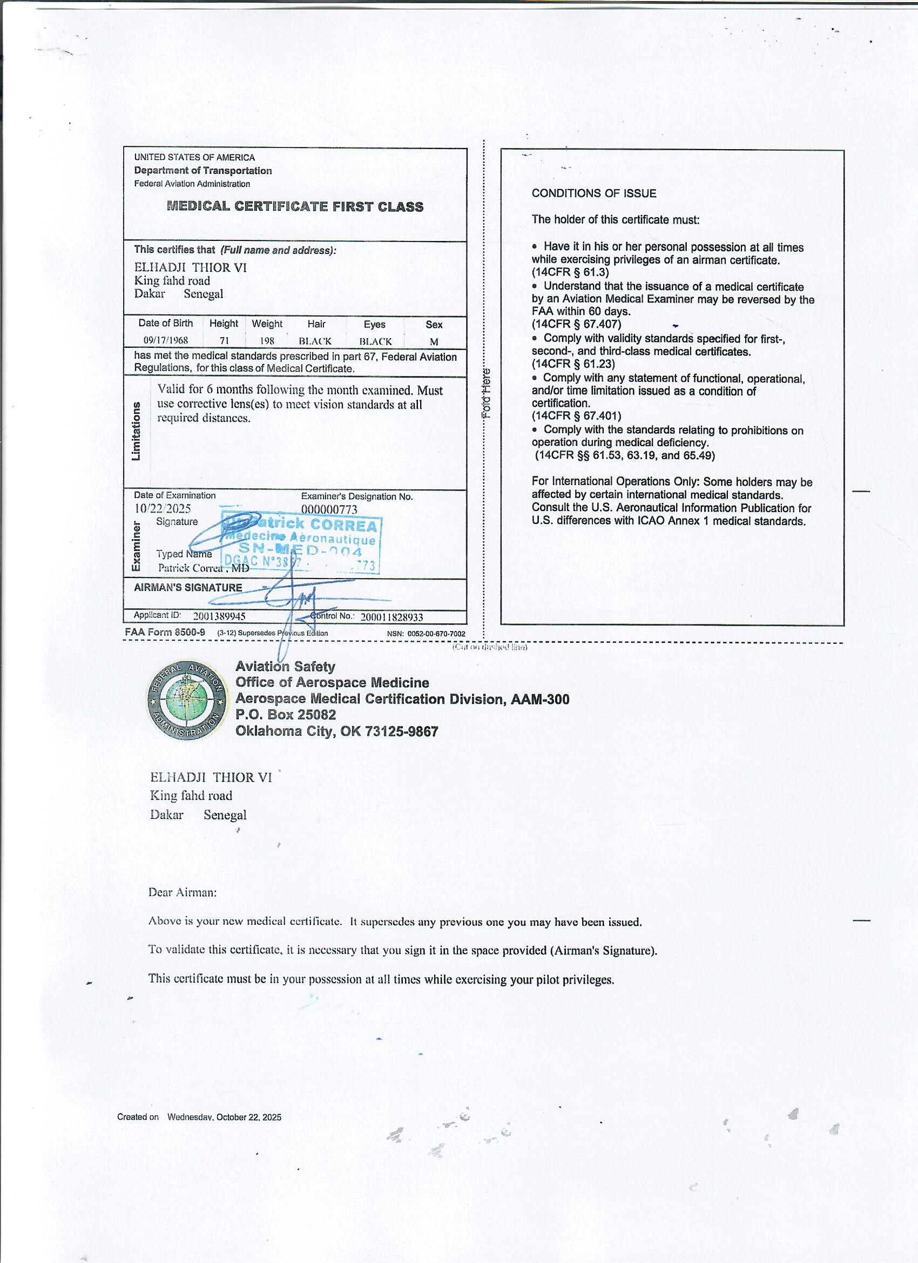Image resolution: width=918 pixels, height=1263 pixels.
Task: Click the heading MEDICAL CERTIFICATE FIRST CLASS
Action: tap(295, 206)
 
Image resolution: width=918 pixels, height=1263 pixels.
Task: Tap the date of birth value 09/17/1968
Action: tap(166, 340)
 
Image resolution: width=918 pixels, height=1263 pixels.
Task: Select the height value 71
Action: tap(224, 341)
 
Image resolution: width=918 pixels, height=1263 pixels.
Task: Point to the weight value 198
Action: tap(267, 341)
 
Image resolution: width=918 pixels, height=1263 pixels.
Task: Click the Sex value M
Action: tap(434, 341)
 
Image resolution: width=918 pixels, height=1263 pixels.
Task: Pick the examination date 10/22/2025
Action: tap(163, 508)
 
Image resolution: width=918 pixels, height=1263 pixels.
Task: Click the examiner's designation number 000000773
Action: tap(329, 509)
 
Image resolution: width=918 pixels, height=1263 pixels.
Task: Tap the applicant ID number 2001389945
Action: tap(219, 616)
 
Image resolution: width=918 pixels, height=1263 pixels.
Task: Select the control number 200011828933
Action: tap(391, 617)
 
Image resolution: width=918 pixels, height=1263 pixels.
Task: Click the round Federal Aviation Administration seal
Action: tap(187, 701)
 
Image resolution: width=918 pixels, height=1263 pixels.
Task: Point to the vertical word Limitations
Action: tap(136, 431)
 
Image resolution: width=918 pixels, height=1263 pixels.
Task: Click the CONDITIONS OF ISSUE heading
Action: tap(593, 193)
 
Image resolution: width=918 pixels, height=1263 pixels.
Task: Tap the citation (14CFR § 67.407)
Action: tap(576, 324)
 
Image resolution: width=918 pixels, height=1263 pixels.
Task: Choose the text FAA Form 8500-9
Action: tap(165, 632)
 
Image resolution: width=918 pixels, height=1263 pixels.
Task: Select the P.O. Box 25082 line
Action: tap(286, 715)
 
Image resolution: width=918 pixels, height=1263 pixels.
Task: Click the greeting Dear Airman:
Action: tap(182, 892)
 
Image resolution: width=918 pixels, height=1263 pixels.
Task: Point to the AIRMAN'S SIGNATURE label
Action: tap(188, 588)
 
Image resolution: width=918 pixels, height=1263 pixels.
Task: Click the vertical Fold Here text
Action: tap(487, 393)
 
